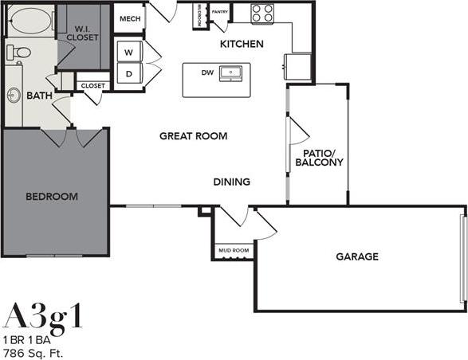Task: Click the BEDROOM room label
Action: point(51,197)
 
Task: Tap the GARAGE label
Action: point(356,256)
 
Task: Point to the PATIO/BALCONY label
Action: point(319,157)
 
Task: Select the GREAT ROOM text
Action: point(193,136)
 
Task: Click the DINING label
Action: point(231,182)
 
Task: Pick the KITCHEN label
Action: point(242,45)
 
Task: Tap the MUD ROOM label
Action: point(233,251)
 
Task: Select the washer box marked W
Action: point(128,52)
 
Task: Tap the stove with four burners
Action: point(262,13)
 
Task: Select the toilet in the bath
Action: point(19,53)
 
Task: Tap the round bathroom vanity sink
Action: point(14,96)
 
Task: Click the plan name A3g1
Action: point(43,316)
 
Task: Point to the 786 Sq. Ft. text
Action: point(33,351)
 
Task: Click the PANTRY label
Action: point(220,13)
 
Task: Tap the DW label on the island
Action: point(206,72)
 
